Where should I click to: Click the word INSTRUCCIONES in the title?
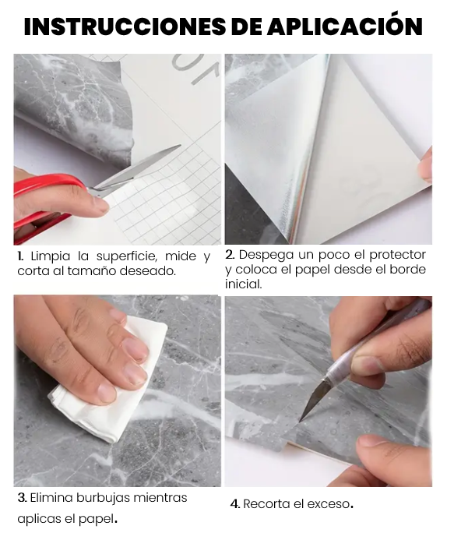click(x=125, y=26)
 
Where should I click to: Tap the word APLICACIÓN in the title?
click(x=344, y=24)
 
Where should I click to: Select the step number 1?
click(x=21, y=256)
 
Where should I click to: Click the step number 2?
click(x=230, y=255)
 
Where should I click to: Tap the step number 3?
click(x=22, y=498)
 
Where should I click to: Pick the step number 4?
click(x=235, y=503)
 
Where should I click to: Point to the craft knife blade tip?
click(x=301, y=420)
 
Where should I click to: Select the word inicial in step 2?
click(x=243, y=284)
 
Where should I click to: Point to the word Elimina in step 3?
click(x=51, y=498)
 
